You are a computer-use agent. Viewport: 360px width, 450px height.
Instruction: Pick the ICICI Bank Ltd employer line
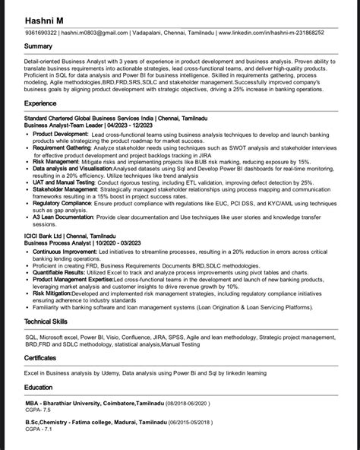point(73,238)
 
